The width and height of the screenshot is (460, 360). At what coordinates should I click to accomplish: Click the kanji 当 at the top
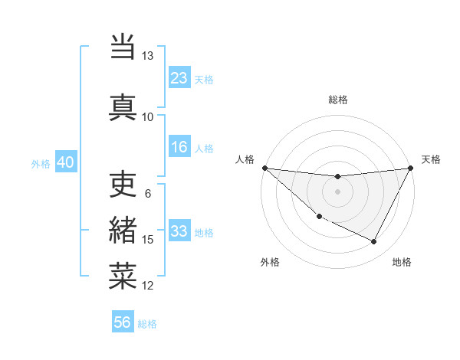[123, 47]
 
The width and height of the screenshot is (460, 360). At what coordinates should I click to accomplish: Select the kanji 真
[123, 106]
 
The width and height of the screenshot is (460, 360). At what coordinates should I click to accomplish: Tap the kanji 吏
[123, 183]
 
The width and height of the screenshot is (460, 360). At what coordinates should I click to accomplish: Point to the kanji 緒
[123, 231]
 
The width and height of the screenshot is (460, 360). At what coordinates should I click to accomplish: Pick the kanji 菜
[123, 276]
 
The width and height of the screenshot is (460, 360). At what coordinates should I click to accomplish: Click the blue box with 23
[179, 78]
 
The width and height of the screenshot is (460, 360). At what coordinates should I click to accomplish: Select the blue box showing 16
[179, 148]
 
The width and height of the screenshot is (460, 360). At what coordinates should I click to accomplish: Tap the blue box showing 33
[179, 231]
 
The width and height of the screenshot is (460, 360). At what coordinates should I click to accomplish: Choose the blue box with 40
[65, 162]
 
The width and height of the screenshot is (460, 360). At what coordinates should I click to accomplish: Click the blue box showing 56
[123, 322]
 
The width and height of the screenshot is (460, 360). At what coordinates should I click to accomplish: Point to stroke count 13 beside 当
[147, 56]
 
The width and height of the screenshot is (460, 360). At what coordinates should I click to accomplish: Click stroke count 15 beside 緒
[148, 240]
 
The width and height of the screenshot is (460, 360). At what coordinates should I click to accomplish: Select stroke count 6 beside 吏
[148, 193]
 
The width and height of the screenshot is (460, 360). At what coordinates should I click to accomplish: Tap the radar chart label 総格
[338, 100]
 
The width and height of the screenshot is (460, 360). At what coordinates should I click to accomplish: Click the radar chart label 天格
[432, 159]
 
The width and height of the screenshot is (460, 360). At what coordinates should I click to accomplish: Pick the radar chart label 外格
[270, 262]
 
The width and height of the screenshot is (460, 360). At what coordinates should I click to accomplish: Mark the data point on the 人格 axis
[264, 168]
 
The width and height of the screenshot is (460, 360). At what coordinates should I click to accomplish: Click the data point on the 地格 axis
[374, 242]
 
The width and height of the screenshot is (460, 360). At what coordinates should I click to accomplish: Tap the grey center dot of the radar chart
[337, 191]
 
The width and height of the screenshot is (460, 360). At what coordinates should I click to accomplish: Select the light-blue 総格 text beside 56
[147, 324]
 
